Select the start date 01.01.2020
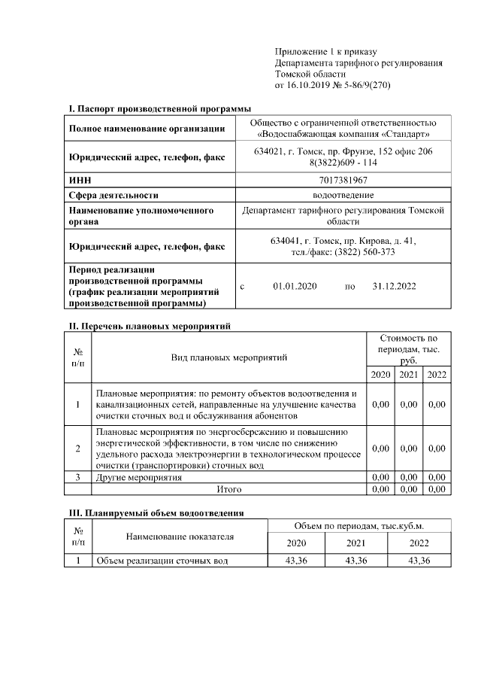click(x=295, y=287)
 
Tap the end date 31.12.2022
click(x=394, y=287)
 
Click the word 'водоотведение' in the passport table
click(x=345, y=194)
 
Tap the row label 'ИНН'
click(x=80, y=180)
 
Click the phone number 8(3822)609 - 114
click(x=345, y=163)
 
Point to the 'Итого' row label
click(x=228, y=489)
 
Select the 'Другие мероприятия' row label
click(x=138, y=478)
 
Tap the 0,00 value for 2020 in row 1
click(x=381, y=405)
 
